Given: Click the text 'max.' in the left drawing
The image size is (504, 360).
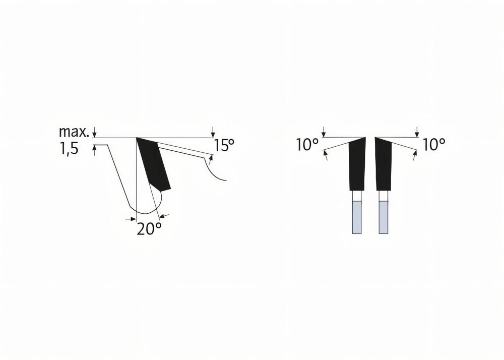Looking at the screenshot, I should [x=74, y=132].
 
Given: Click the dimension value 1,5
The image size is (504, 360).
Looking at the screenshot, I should [x=69, y=150].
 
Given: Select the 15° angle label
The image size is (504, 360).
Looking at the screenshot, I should [x=224, y=146].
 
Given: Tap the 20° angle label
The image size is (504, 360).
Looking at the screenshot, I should [x=149, y=229].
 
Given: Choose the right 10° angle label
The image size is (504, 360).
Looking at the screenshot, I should [x=434, y=145].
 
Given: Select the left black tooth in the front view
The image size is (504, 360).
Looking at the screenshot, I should [x=357, y=164].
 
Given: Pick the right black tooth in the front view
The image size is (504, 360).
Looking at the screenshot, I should [x=384, y=164].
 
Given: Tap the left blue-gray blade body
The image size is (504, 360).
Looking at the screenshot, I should [x=357, y=217].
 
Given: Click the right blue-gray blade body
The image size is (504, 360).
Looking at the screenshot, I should [x=384, y=217].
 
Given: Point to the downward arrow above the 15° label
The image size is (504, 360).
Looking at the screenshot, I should [x=213, y=132].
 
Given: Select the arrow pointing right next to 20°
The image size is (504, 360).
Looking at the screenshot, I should [x=129, y=219].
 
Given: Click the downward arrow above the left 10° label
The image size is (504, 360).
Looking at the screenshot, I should [x=324, y=132].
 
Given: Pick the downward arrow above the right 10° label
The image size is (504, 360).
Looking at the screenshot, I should [x=417, y=132].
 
